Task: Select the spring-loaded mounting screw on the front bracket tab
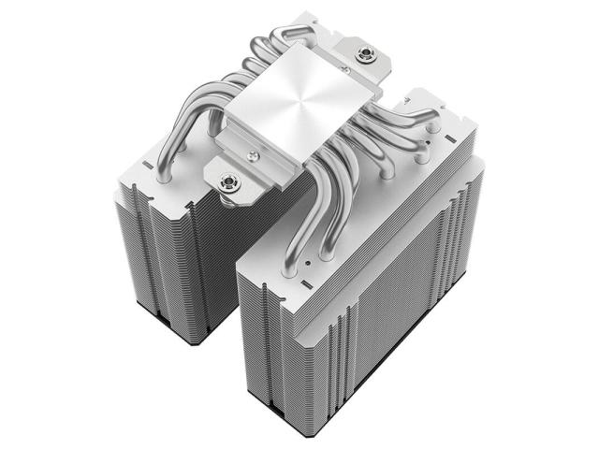pos(227,181)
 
